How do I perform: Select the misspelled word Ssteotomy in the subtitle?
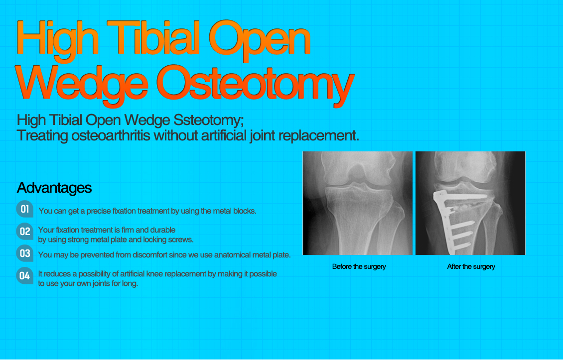tap(204, 120)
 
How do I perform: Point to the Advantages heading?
tap(54, 188)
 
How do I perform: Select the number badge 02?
tap(25, 232)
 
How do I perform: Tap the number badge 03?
tap(25, 253)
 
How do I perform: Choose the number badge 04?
tap(25, 275)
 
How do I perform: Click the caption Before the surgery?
tap(359, 266)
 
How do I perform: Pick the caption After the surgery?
tap(471, 266)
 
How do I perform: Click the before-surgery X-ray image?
tap(357, 203)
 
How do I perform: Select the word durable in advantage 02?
tap(162, 230)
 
